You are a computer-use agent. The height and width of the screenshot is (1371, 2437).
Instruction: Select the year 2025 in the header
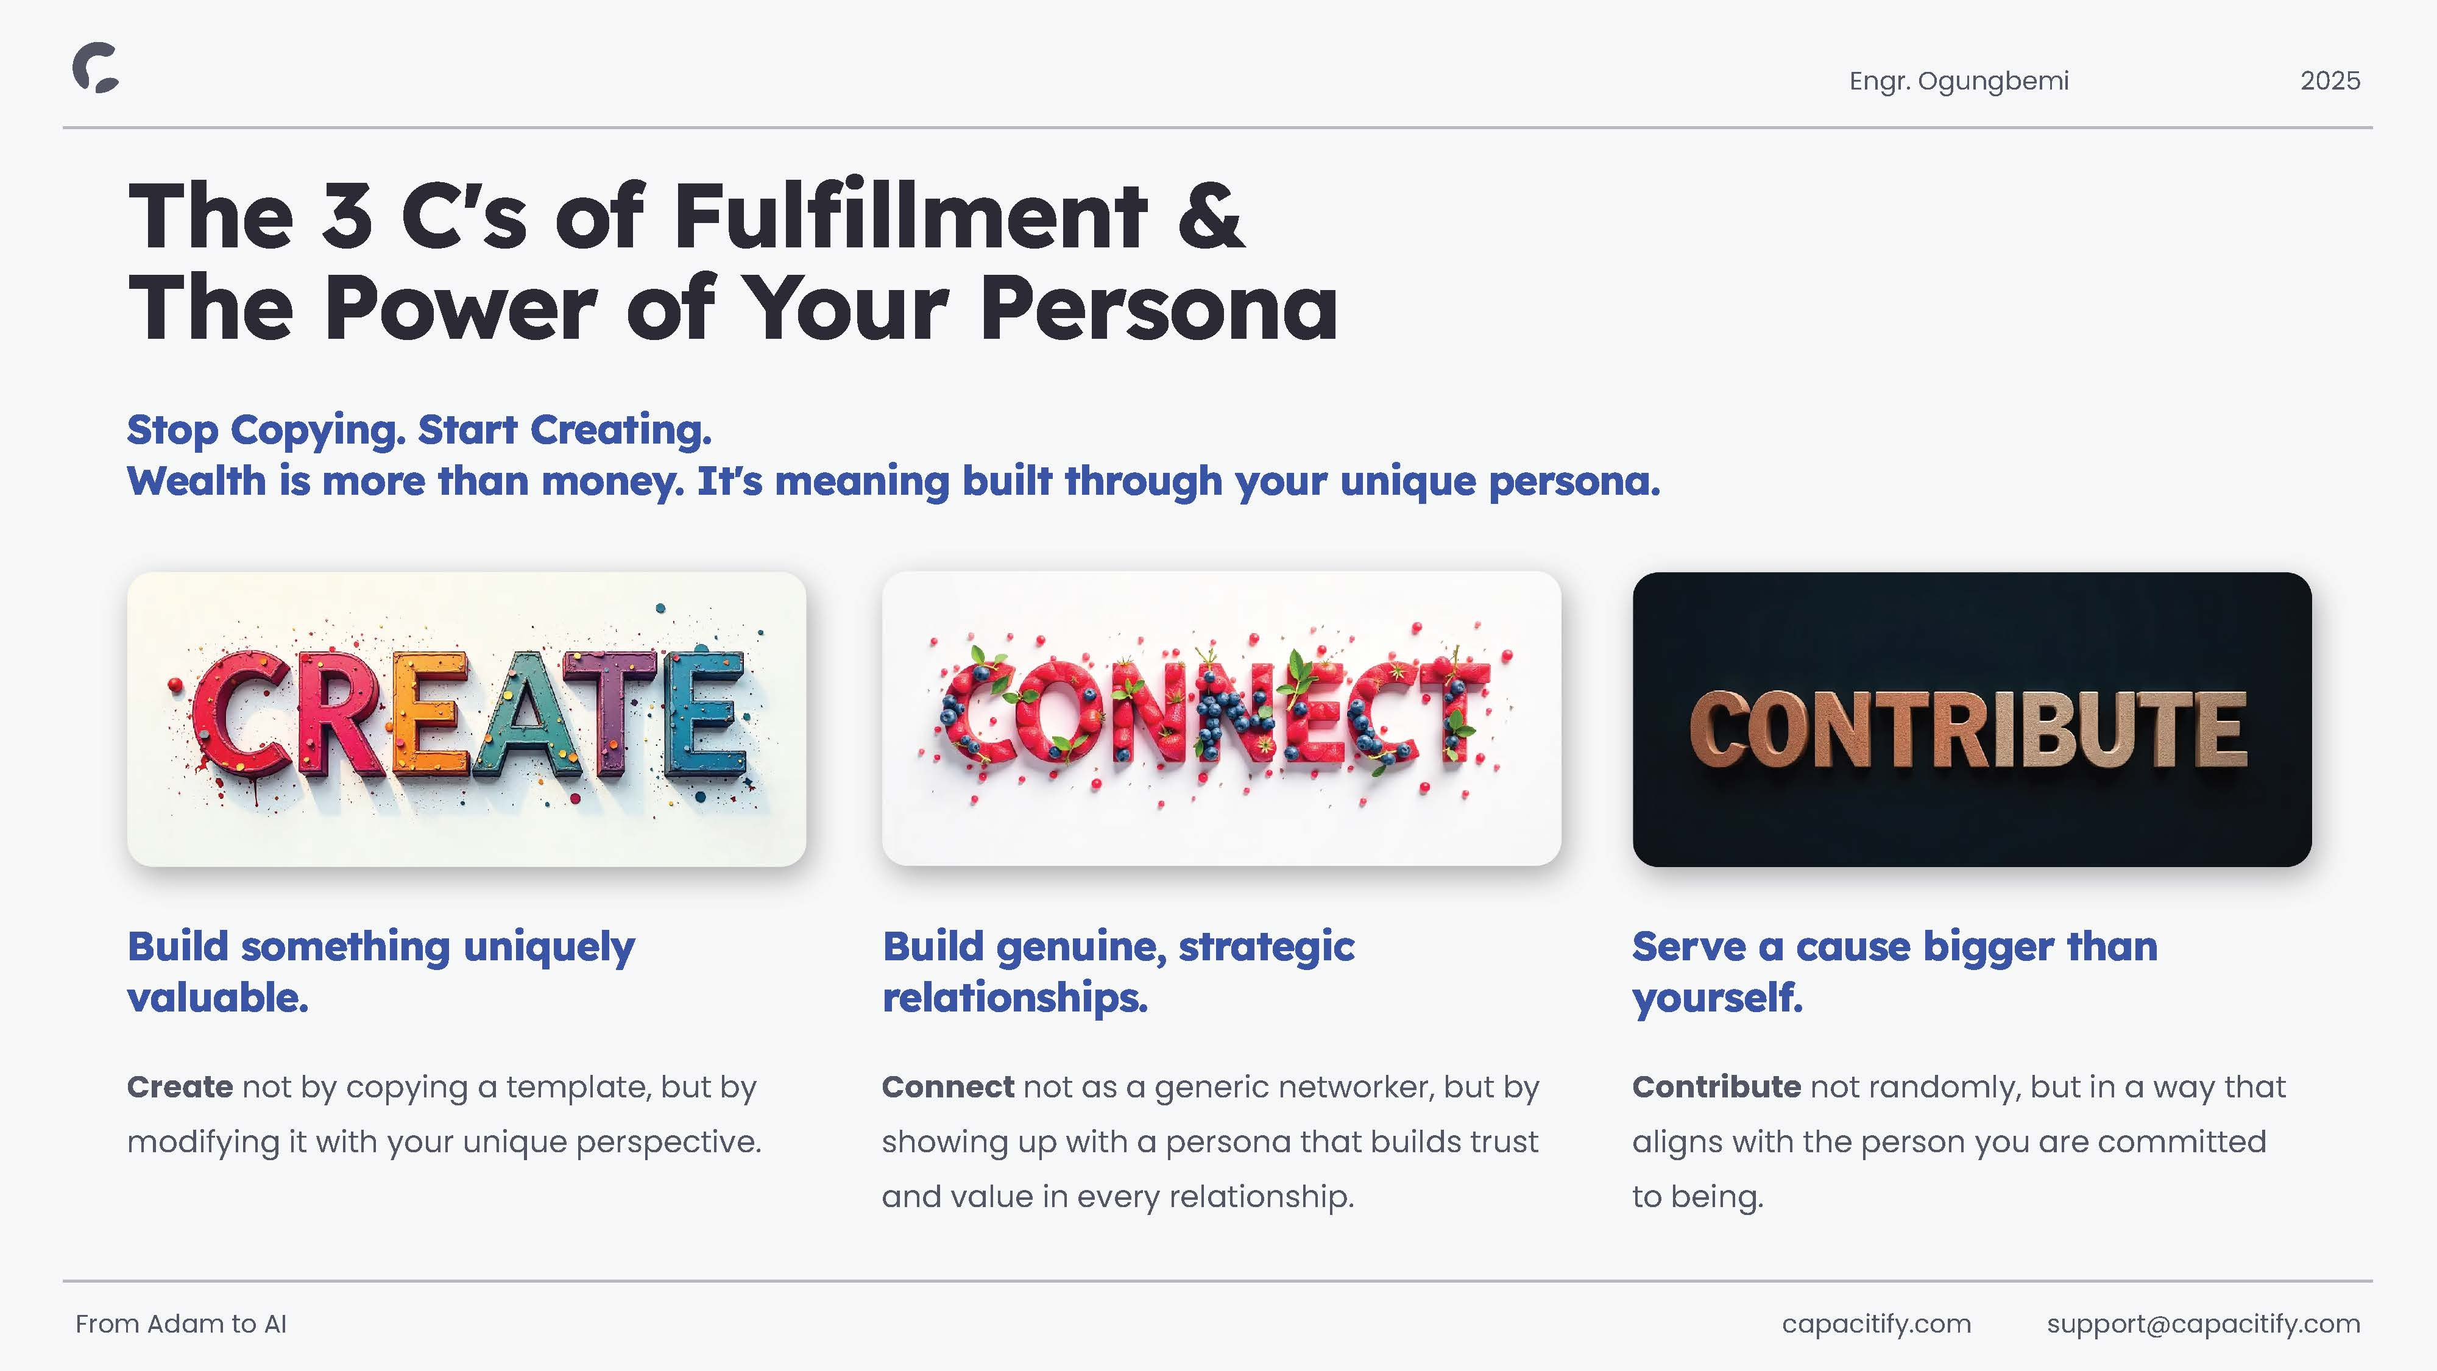2330,80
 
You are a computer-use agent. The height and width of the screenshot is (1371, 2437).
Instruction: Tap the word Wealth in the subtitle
197,481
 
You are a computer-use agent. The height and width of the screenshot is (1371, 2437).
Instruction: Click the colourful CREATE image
467,719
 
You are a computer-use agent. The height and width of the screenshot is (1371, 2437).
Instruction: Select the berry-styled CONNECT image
1222,718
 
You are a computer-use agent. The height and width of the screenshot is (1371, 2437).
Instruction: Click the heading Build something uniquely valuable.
381,972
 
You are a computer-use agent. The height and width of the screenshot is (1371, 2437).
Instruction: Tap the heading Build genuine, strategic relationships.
1118,972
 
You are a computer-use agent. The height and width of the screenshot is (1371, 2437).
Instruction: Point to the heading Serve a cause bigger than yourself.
1895,972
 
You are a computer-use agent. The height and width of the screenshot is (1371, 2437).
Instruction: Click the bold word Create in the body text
180,1087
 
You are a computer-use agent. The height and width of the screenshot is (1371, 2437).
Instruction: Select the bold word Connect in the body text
948,1087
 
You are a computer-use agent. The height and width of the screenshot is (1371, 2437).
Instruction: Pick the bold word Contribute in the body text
1716,1087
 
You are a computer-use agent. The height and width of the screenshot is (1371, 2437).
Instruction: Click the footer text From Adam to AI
181,1323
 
